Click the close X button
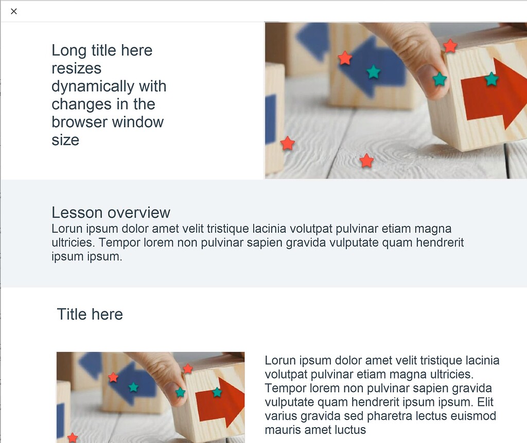point(14,11)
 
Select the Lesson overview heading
point(111,212)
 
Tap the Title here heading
point(90,314)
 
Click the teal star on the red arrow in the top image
point(491,79)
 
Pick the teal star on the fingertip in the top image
point(440,79)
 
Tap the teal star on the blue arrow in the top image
point(374,72)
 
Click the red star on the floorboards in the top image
point(366,161)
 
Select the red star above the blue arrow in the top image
point(345,58)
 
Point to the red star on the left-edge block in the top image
point(288,144)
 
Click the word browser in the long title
point(79,122)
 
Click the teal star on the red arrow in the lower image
point(217,392)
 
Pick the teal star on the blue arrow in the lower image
point(133,387)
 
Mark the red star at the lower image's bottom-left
point(73,437)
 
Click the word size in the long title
point(65,140)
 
